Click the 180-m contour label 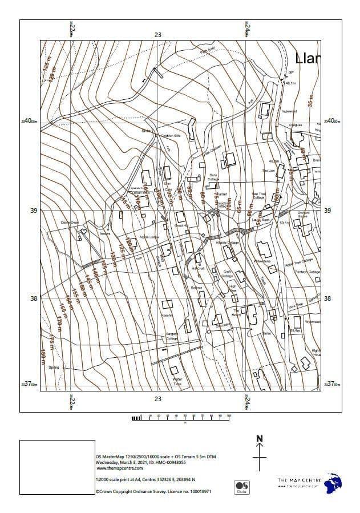point(43,355)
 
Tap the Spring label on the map point(54,367)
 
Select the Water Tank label point(177,381)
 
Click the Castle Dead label point(69,223)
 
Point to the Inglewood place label point(289,111)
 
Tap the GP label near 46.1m point(290,73)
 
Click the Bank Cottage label point(213,177)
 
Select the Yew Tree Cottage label point(258,195)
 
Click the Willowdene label point(262,261)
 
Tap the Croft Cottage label point(226,274)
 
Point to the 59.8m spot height point(296,330)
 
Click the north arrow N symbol point(260,439)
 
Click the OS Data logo point(239,487)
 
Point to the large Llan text point(308,58)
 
